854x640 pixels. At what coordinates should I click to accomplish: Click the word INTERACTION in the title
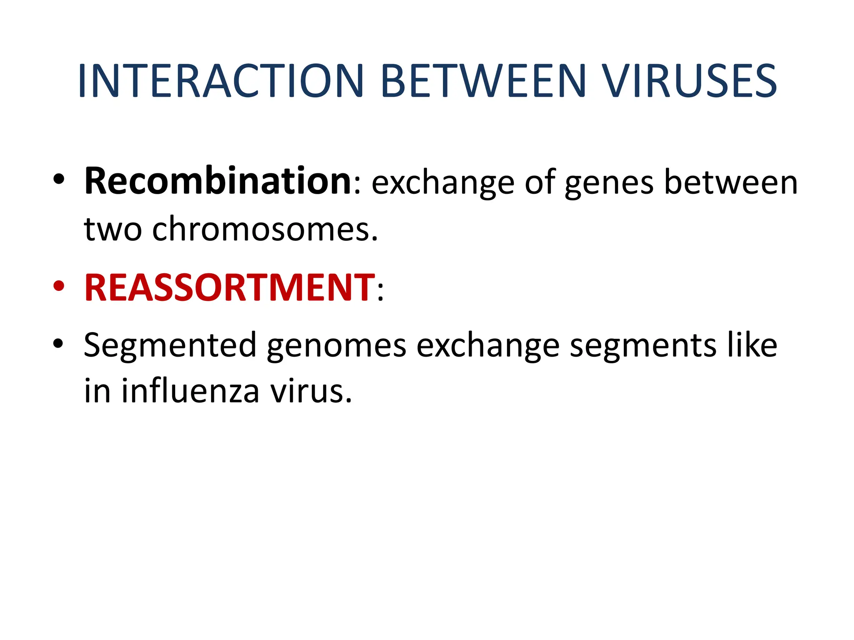pos(221,81)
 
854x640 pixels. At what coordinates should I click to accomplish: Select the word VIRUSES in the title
pos(690,81)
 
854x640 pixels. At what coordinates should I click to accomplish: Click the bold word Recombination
pos(218,182)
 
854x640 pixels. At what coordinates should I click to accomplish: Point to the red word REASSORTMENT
pos(229,287)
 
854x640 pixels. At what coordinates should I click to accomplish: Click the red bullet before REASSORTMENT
pos(59,287)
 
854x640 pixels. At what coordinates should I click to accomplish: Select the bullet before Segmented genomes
pos(59,344)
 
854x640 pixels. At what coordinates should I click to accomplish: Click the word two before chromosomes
pos(113,229)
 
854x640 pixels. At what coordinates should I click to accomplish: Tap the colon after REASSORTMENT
pos(380,290)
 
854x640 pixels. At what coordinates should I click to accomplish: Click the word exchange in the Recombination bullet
pos(443,183)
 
